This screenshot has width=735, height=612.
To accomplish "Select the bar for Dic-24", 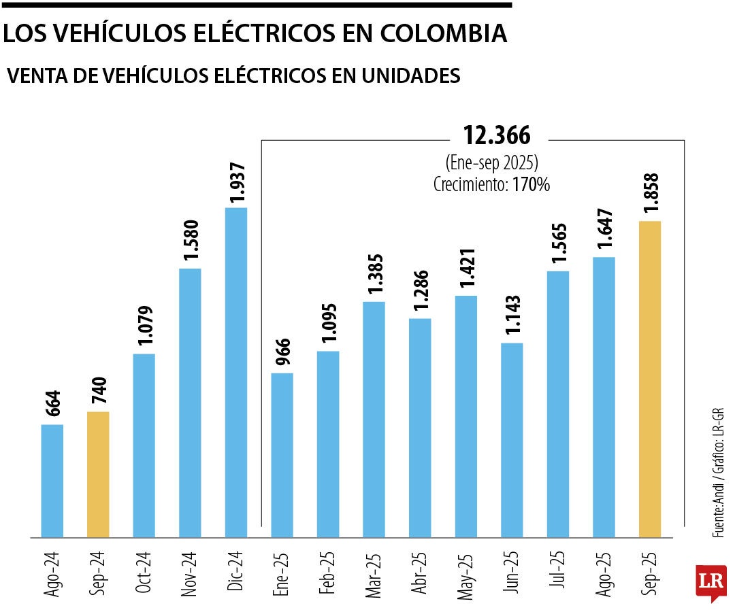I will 236,372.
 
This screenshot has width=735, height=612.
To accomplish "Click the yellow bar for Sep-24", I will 99,474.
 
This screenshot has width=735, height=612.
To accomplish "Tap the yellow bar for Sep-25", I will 650,379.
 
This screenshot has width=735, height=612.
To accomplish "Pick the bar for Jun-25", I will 512,440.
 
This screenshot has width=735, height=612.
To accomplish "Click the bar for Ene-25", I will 282,455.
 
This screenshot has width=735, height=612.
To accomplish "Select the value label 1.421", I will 466,270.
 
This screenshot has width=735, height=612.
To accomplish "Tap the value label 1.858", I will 650,195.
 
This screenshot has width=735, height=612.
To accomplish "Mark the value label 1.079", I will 144,327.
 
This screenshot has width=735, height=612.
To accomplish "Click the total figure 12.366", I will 496,136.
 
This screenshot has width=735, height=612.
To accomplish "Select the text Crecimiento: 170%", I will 491,184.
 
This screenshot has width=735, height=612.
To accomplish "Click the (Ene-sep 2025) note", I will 492,164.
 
